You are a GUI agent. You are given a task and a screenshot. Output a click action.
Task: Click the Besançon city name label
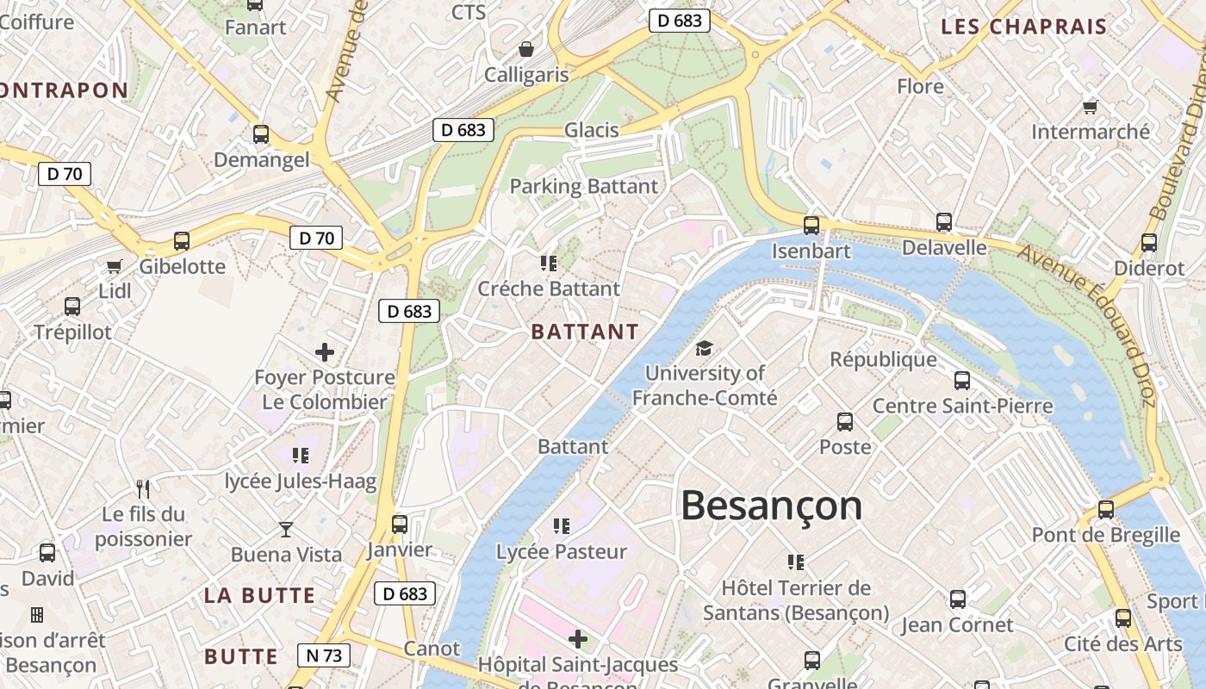771,506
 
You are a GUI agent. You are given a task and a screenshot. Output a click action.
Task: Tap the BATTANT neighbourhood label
585,332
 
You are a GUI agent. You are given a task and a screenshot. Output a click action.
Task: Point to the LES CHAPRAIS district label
1023,27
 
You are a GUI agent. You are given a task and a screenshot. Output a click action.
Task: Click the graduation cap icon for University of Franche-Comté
705,349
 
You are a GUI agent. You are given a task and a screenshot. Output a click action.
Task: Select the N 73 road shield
324,655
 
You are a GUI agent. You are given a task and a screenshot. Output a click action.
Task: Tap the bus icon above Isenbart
811,226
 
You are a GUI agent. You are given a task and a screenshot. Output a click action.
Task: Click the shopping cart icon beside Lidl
114,266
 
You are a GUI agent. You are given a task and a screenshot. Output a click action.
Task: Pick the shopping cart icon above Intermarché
1090,107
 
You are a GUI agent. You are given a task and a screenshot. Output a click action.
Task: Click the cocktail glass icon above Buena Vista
286,529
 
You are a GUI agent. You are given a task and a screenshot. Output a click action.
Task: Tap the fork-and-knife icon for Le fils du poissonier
143,489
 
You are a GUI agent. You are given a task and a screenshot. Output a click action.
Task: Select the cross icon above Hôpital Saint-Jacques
578,639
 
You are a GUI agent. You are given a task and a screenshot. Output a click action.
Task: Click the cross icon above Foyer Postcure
325,352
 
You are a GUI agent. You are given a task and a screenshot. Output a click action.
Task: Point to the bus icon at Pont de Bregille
1106,510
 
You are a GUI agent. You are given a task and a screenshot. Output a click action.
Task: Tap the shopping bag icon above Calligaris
525,50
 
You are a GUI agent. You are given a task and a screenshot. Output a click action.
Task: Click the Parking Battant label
584,186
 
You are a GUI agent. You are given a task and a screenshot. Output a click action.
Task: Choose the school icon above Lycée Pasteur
562,525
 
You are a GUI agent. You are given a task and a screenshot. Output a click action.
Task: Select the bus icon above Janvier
400,524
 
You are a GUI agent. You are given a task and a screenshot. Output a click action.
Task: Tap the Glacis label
592,130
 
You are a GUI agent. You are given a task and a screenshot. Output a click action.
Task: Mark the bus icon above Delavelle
944,222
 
